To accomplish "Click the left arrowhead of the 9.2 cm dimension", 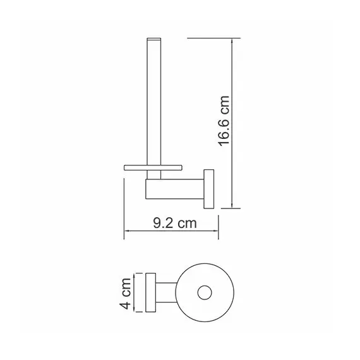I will point(125,232).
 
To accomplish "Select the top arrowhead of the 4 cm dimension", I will point(135,276).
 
